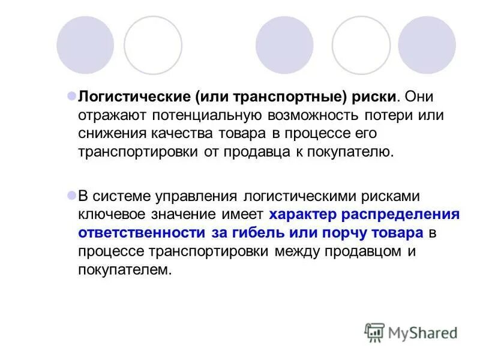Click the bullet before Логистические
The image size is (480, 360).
[x=71, y=95]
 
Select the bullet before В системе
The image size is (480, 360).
[x=71, y=195]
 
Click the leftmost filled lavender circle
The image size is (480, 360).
[x=85, y=45]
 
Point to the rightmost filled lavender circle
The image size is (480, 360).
[x=427, y=45]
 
